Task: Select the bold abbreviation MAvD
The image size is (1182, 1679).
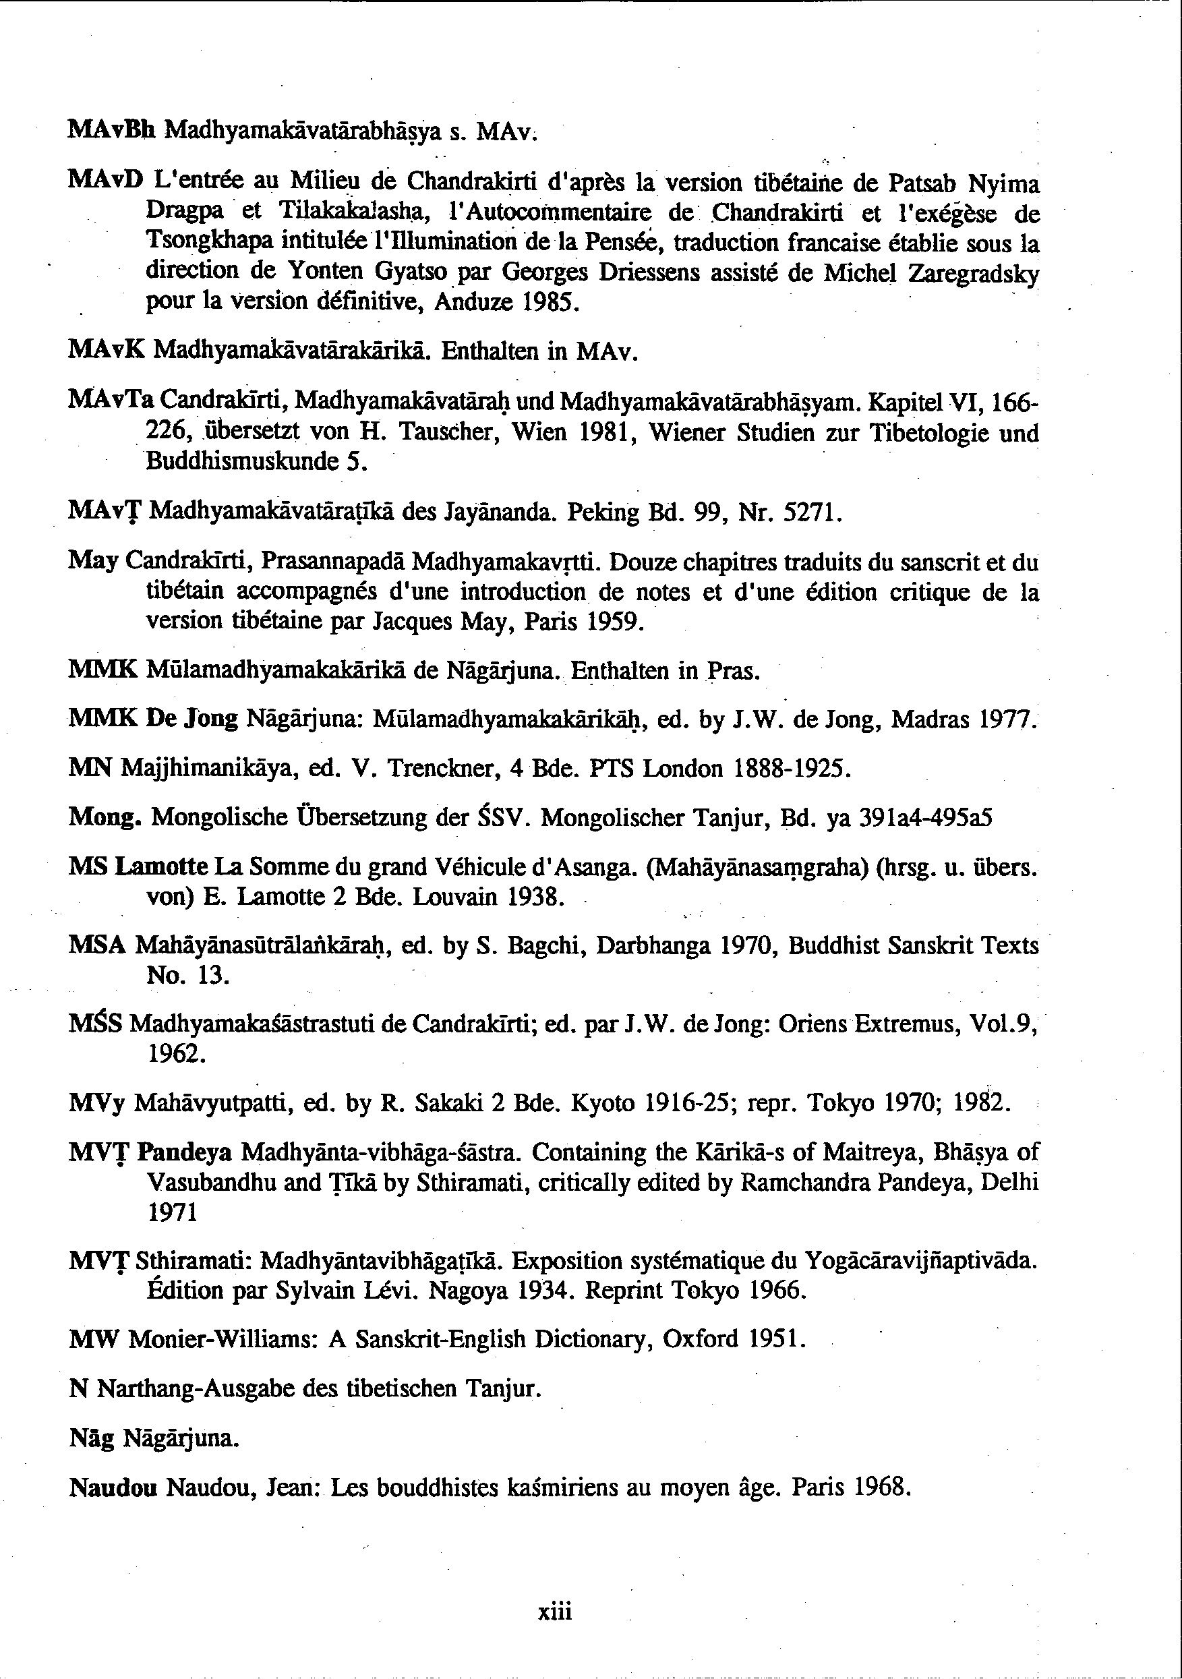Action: click(104, 179)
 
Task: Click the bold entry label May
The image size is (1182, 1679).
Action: click(93, 562)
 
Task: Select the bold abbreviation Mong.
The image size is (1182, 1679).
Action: click(105, 817)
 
